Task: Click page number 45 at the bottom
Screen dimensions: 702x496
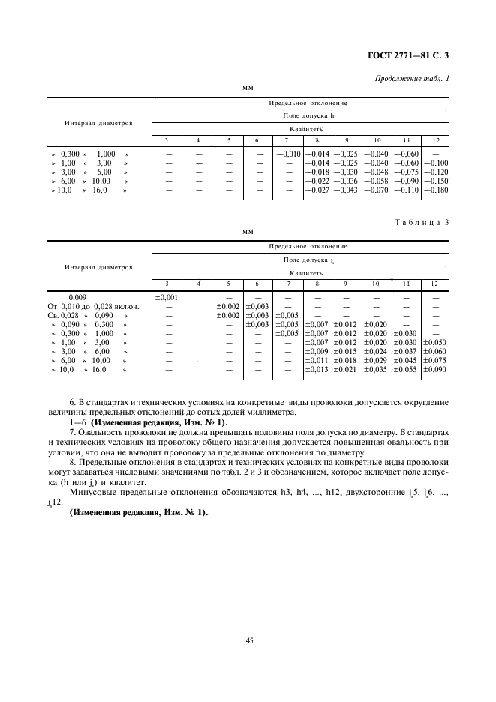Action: click(x=248, y=640)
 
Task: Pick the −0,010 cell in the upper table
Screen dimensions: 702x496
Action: click(x=287, y=154)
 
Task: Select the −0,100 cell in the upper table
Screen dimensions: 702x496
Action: click(x=434, y=163)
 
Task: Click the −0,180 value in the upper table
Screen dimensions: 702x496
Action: click(x=434, y=190)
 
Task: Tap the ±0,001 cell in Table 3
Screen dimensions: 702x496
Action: click(x=166, y=297)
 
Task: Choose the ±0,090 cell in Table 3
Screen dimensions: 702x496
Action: click(x=434, y=370)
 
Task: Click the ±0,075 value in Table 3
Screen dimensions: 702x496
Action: click(x=434, y=361)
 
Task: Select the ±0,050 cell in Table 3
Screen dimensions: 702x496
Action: click(x=434, y=343)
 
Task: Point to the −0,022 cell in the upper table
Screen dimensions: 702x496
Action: click(x=317, y=181)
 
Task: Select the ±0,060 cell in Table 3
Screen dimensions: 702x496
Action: click(x=434, y=352)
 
